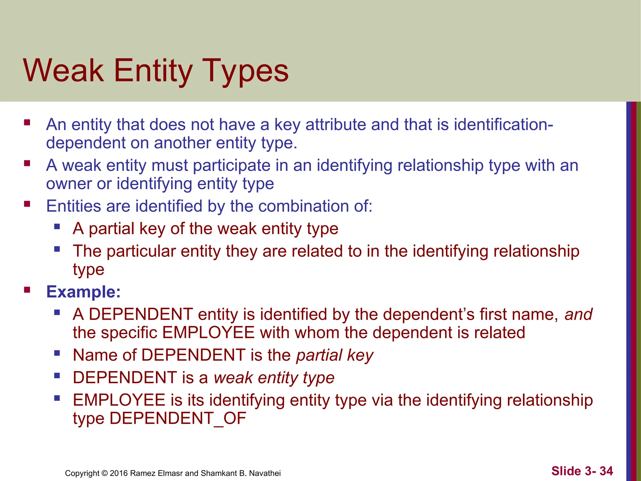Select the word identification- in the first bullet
coord(503,124)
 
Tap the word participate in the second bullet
coord(232,165)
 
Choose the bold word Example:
coord(83,292)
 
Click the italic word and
coord(578,314)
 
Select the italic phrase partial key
coord(335,355)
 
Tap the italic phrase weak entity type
coord(274,378)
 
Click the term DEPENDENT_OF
coord(178,418)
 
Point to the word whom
coord(317,333)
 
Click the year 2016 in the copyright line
coord(119,473)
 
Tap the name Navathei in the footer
coord(265,473)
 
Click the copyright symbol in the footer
coord(105,473)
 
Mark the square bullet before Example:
coord(27,290)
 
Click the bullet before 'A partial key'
coord(57,226)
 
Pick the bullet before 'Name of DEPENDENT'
coord(57,353)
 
